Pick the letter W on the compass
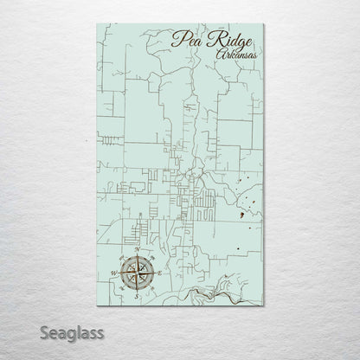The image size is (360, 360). tap(112, 273)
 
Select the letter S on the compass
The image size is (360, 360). tap(134, 296)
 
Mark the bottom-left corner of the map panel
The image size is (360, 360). tap(98, 305)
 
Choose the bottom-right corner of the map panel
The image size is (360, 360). tap(263, 305)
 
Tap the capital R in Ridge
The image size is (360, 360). tap(213, 39)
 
